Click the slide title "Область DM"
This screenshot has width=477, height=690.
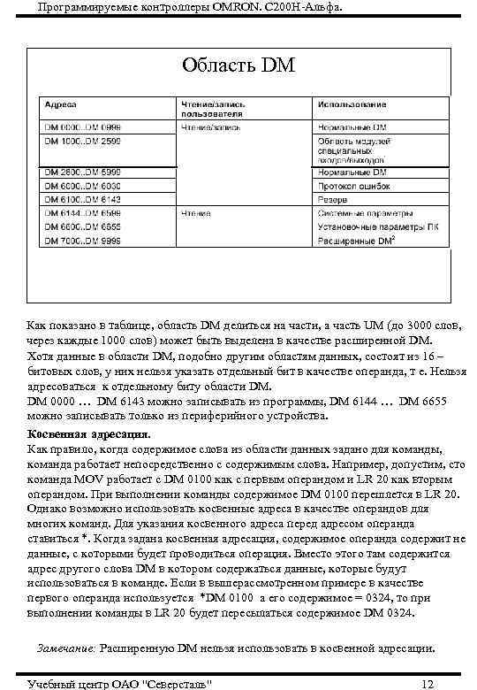click(x=238, y=66)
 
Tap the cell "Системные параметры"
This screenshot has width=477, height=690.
click(x=359, y=213)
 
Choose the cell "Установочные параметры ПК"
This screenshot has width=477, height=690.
click(x=370, y=226)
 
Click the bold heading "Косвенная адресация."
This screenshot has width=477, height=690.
click(x=89, y=435)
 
